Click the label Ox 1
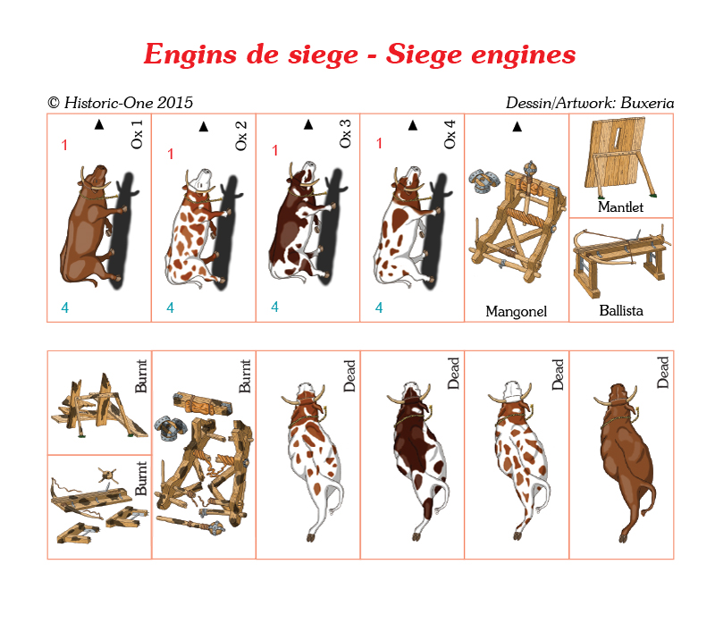click(x=137, y=134)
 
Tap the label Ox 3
click(x=345, y=133)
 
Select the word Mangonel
click(x=517, y=311)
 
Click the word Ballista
click(x=621, y=310)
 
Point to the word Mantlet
click(x=620, y=206)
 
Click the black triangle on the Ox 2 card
click(x=204, y=126)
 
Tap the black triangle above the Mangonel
click(x=517, y=126)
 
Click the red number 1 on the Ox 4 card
click(x=379, y=143)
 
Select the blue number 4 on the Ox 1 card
click(x=64, y=307)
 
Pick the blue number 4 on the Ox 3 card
click(x=274, y=307)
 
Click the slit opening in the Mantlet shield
click(x=617, y=136)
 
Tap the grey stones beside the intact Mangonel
click(x=484, y=180)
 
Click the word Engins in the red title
click(x=190, y=55)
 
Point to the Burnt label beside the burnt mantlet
click(x=141, y=375)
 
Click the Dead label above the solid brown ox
click(x=662, y=372)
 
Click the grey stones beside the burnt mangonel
click(x=170, y=428)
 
